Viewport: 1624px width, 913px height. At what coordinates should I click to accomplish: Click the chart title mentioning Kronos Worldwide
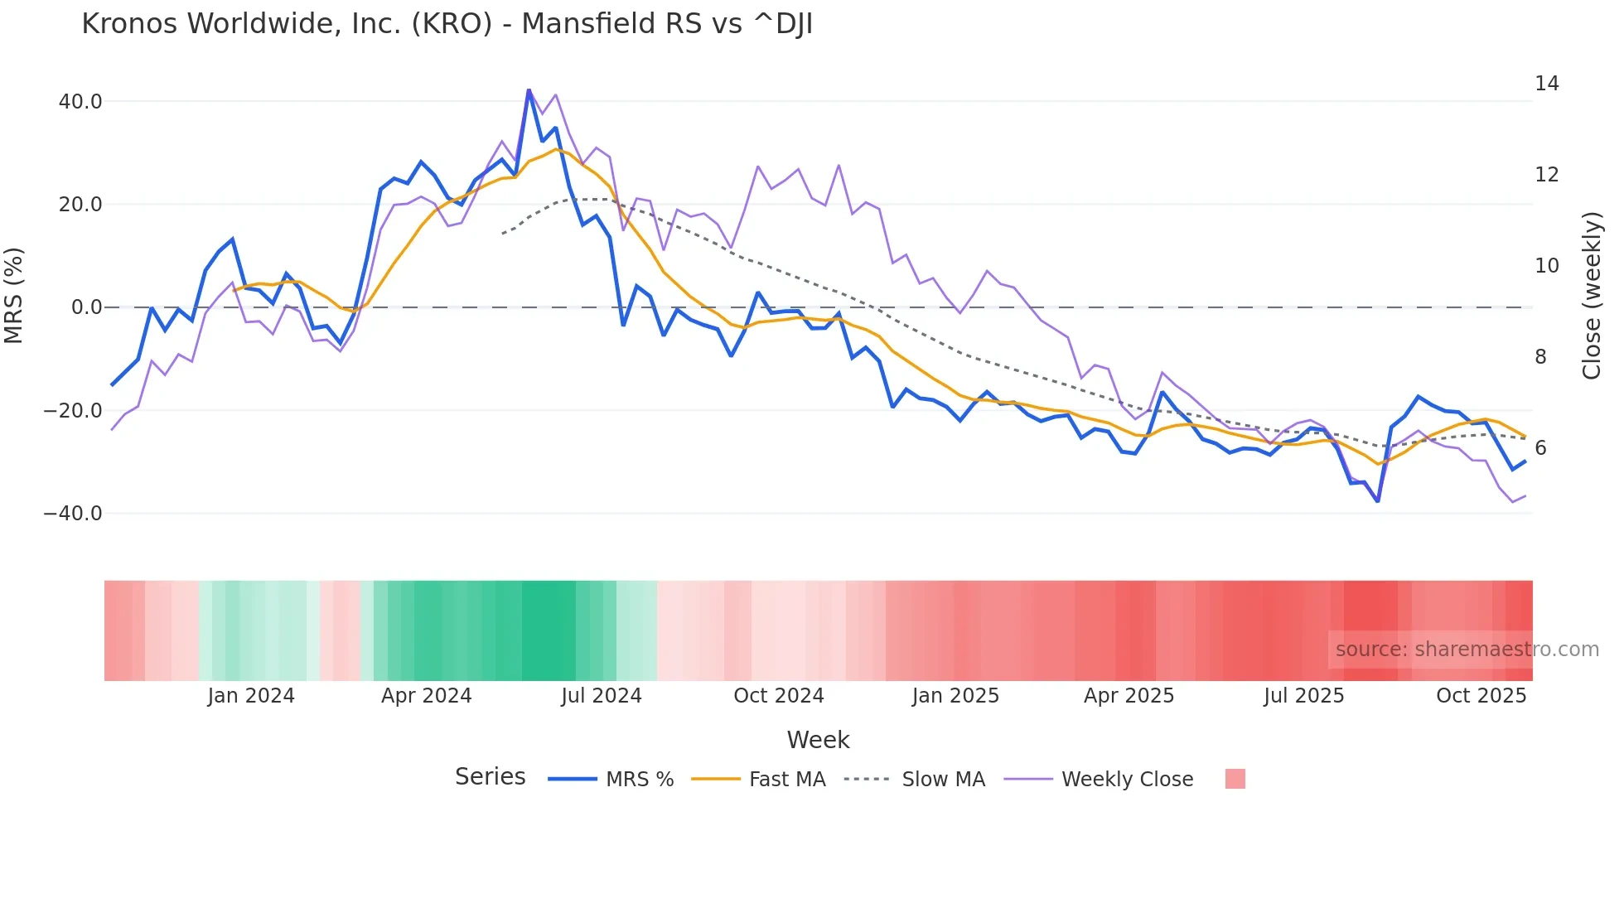tap(447, 24)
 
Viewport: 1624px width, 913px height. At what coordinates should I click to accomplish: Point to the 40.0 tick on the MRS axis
tap(80, 102)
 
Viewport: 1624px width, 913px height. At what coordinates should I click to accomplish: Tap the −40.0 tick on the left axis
tap(73, 514)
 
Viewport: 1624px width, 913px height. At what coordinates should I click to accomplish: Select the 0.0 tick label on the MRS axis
tap(86, 307)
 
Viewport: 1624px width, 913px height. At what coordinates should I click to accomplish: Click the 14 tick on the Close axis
tap(1546, 84)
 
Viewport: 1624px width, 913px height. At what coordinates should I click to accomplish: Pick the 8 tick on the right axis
tap(1540, 357)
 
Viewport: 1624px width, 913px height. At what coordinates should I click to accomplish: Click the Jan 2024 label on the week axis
tap(250, 696)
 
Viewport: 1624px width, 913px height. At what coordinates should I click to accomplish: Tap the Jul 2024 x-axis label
tap(601, 696)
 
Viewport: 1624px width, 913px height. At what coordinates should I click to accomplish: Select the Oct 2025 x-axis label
tap(1481, 696)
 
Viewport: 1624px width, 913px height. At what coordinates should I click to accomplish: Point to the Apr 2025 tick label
tap(1129, 696)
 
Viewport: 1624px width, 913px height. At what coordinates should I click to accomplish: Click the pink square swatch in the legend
tap(1235, 779)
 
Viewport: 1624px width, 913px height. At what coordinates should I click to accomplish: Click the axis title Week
tap(818, 740)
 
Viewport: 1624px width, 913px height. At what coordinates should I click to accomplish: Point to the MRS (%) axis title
tap(13, 296)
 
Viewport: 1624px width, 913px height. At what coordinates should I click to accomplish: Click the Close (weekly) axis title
tap(1592, 296)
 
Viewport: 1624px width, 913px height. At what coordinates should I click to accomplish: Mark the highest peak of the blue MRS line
tap(529, 90)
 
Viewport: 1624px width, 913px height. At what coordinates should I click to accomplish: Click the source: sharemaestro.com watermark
tap(1467, 650)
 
